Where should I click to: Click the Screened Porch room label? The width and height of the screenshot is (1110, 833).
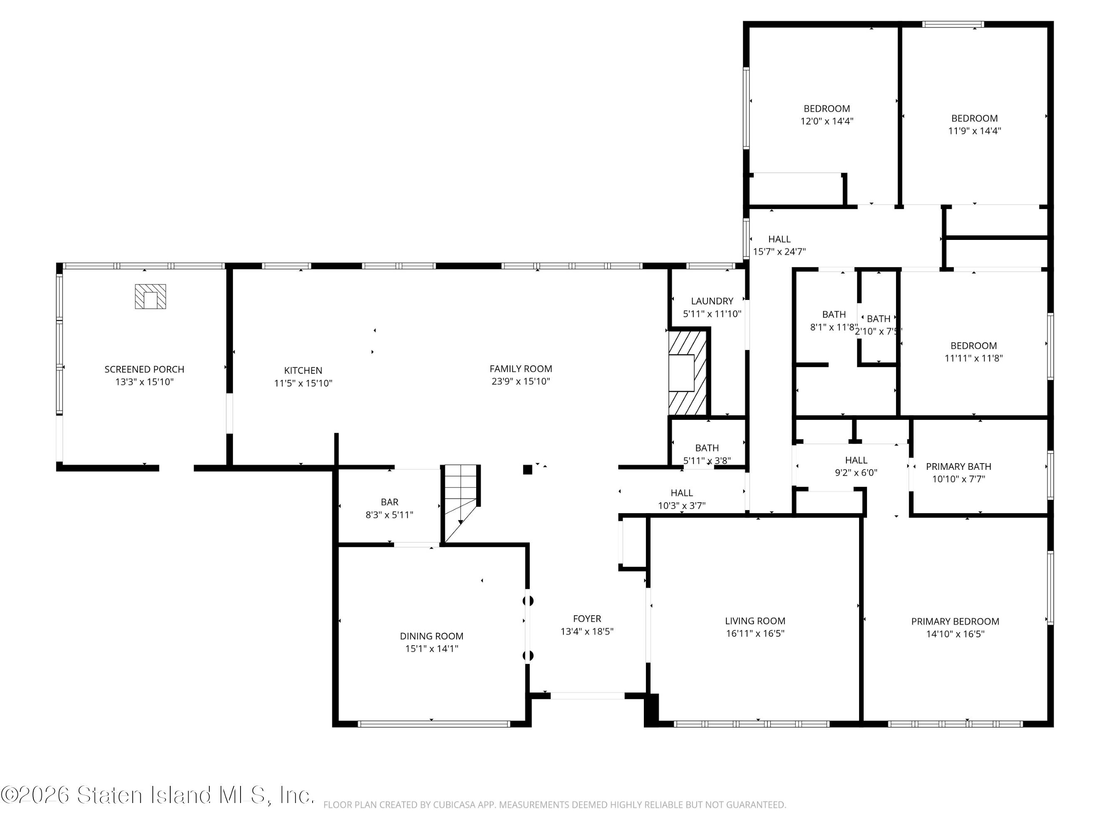[144, 369]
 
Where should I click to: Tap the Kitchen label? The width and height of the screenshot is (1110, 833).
[303, 371]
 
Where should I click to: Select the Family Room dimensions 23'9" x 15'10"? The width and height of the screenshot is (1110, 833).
[521, 381]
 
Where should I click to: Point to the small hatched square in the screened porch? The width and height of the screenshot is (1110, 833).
[150, 296]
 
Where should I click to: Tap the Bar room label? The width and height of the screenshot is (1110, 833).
[390, 502]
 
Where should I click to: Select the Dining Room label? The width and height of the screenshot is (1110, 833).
[432, 636]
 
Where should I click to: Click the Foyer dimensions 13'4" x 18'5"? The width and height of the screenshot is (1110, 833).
[587, 631]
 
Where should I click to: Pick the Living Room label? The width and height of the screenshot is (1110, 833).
[755, 621]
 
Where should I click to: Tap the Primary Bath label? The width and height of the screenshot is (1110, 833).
[959, 466]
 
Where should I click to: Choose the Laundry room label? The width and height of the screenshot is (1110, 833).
[712, 301]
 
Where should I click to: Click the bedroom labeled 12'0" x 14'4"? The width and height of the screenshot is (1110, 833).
[827, 115]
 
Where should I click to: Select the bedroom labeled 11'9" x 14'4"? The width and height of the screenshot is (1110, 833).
[974, 125]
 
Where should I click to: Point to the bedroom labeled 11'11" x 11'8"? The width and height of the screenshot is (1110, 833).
[973, 352]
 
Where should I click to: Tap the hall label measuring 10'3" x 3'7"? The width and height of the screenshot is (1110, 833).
[681, 499]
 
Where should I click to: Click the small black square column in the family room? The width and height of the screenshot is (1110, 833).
[527, 469]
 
